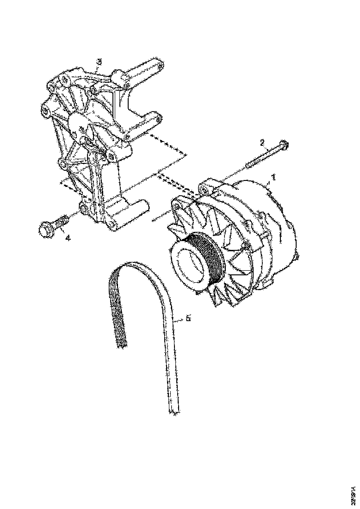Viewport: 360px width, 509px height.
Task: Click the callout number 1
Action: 273,177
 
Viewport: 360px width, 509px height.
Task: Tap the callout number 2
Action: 262,143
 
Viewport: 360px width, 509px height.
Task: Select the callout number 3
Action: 99,62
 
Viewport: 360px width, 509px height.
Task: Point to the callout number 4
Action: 68,238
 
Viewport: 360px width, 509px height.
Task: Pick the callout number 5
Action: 188,319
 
